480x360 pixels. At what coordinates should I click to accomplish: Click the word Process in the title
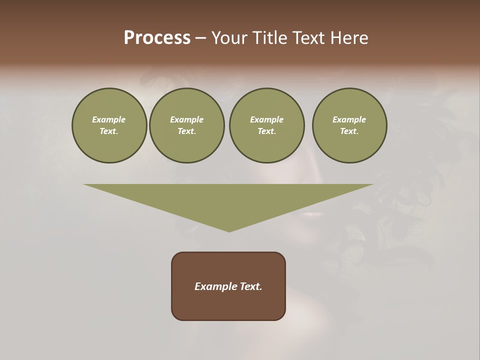[157, 38]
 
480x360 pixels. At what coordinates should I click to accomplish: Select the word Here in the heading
[350, 38]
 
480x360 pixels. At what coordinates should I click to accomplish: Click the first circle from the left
[109, 125]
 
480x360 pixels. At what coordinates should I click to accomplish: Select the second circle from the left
[186, 125]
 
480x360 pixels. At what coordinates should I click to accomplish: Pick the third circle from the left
[266, 125]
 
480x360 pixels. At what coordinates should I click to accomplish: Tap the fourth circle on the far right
[349, 125]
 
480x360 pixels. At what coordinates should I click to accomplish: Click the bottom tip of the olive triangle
[229, 231]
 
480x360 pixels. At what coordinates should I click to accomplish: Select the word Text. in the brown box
[250, 286]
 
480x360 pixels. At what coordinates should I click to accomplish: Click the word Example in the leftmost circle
[109, 119]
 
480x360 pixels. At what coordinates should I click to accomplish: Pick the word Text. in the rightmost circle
[349, 131]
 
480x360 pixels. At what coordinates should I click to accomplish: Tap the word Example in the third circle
[266, 119]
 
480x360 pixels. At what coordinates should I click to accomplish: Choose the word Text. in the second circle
[186, 131]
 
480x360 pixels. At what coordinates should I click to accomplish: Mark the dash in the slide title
[201, 38]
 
